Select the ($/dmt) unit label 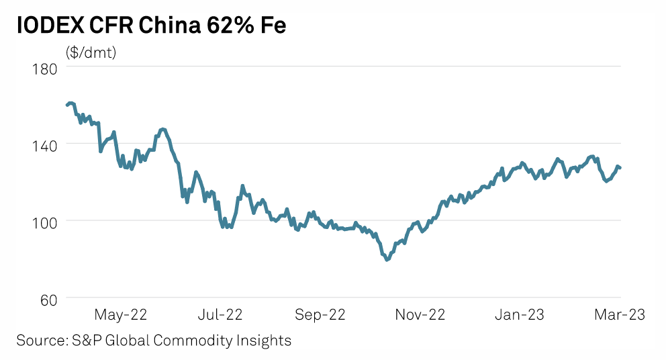pos(91,53)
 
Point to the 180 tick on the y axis pos(44,69)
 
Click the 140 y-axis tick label pos(44,144)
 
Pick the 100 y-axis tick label pos(44,221)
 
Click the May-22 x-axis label pos(121,314)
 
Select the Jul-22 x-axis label pos(220,314)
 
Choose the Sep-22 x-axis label pos(320,314)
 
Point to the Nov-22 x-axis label pos(419,314)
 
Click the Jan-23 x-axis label pos(520,314)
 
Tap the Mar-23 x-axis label pos(618,314)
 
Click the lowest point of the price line pos(387,260)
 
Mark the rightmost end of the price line pos(620,168)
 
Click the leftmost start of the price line pos(66,105)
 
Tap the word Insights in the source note pos(266,341)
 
